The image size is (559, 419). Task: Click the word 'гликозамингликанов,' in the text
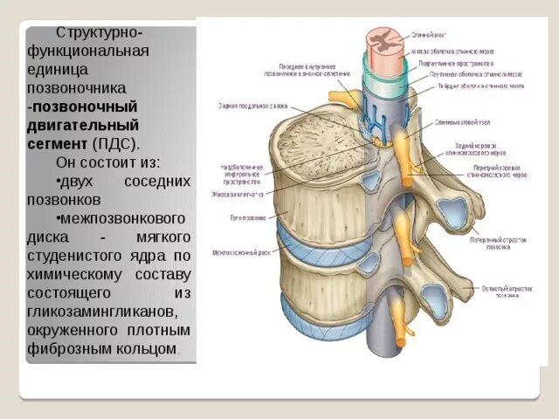[93, 313]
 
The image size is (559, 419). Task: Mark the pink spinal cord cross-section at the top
[383, 40]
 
